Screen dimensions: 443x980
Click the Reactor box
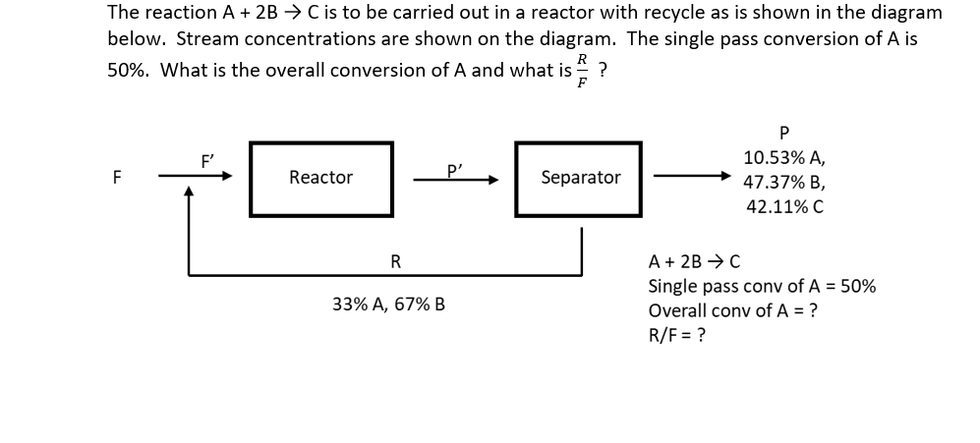(320, 178)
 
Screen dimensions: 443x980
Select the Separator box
(580, 178)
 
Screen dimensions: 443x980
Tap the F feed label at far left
(117, 178)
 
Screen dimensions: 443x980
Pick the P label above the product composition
(783, 131)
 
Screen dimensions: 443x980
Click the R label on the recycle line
(395, 260)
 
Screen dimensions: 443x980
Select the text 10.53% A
(784, 157)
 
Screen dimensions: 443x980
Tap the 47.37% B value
(784, 182)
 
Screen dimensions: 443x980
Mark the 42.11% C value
(784, 206)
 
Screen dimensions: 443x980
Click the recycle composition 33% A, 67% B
(388, 305)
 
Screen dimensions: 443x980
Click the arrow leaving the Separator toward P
(694, 178)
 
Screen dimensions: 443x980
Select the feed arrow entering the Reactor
(202, 178)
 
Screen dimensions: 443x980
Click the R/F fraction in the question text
(582, 71)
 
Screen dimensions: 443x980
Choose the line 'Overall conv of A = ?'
(733, 310)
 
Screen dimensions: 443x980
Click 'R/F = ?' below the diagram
(677, 334)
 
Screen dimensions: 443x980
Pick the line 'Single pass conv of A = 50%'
(762, 287)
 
